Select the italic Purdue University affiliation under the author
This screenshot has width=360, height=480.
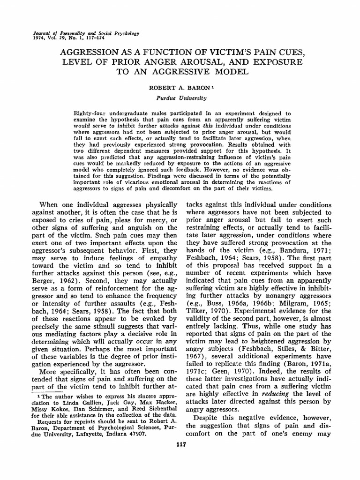coord(180,98)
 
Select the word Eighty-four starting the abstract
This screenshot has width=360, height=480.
coord(90,114)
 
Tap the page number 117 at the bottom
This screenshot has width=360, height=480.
coord(180,445)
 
